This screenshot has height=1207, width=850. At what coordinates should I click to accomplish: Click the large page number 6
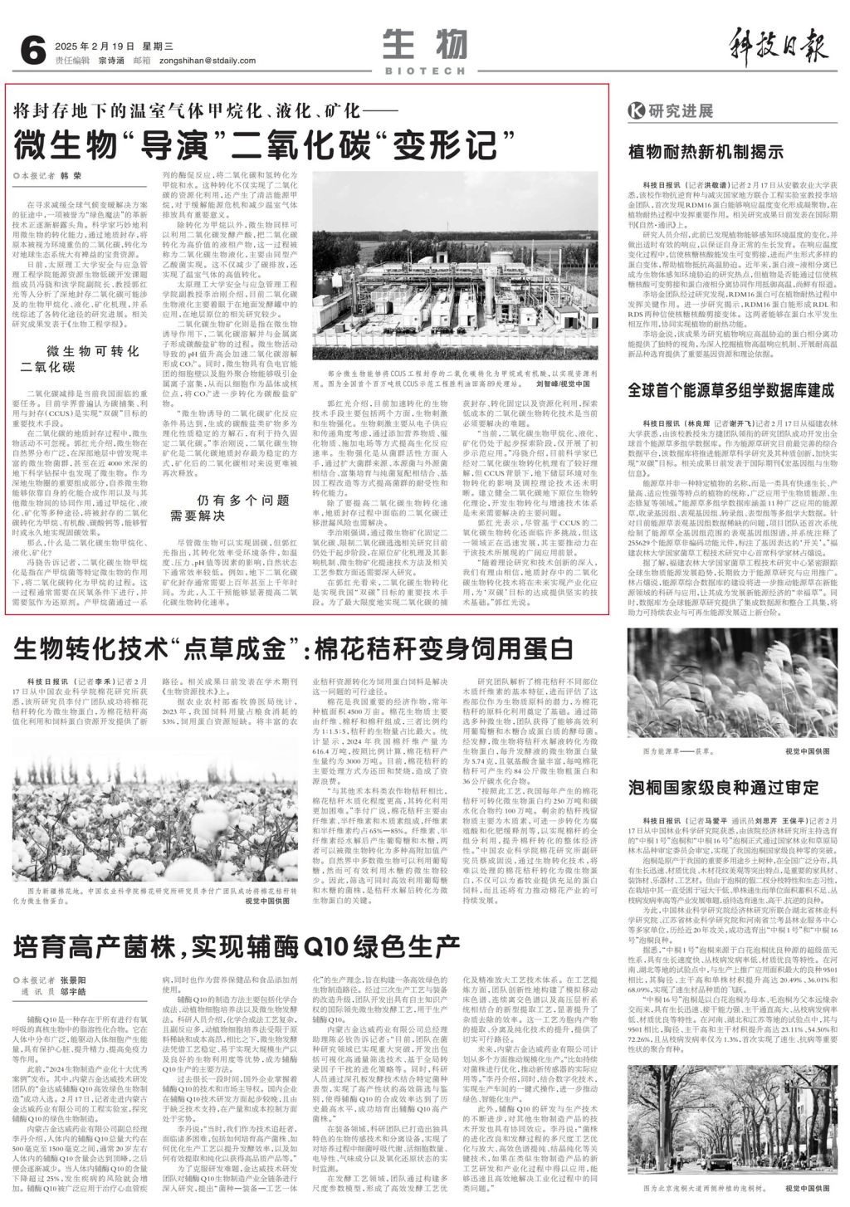point(32,51)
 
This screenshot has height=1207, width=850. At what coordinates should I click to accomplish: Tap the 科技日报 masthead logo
point(779,44)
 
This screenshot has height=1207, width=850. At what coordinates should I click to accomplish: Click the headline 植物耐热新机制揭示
point(706,151)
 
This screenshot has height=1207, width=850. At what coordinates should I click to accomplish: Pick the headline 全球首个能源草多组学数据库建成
point(730,389)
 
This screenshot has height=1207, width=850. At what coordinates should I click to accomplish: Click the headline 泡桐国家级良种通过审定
point(723,786)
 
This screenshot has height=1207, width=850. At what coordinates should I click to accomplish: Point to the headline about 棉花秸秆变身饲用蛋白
point(293,647)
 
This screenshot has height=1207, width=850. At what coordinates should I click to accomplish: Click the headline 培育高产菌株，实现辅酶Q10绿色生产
point(237,944)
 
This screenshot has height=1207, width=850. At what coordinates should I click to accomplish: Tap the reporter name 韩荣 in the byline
point(71,176)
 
